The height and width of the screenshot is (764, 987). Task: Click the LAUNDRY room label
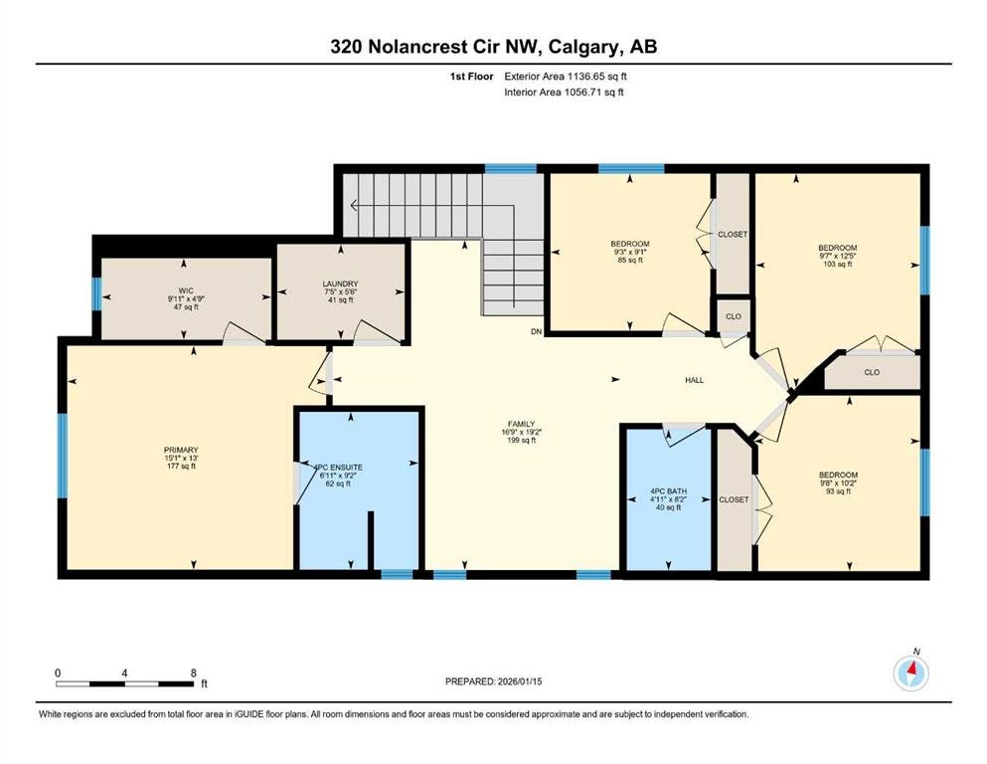341,285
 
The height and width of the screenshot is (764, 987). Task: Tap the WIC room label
186,291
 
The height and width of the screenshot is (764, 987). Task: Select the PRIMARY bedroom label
181,450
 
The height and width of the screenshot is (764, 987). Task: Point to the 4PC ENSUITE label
339,468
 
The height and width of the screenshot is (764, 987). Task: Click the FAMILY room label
521,424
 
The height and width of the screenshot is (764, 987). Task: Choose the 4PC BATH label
669,491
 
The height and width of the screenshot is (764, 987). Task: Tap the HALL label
695,380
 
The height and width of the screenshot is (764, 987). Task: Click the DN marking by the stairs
537,331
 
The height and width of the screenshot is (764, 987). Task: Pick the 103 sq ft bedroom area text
838,265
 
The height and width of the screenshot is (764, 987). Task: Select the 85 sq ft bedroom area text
630,260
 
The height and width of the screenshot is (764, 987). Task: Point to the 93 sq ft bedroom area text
839,491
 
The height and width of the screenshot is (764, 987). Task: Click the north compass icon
910,673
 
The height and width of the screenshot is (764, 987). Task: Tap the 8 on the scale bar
193,672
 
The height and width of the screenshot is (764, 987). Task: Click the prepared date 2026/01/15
519,681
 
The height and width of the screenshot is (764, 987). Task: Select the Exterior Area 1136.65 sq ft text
566,77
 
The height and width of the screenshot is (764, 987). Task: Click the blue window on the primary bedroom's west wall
63,456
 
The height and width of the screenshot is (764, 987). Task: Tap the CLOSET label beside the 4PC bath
734,499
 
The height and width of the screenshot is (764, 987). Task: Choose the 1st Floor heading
471,77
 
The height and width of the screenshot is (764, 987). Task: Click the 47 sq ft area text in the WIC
186,307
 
